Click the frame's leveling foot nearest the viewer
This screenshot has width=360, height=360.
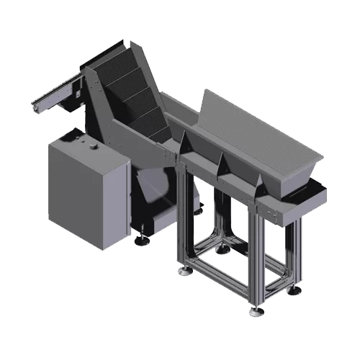click(x=257, y=310)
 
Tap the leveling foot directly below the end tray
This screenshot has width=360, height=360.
click(x=294, y=292)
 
